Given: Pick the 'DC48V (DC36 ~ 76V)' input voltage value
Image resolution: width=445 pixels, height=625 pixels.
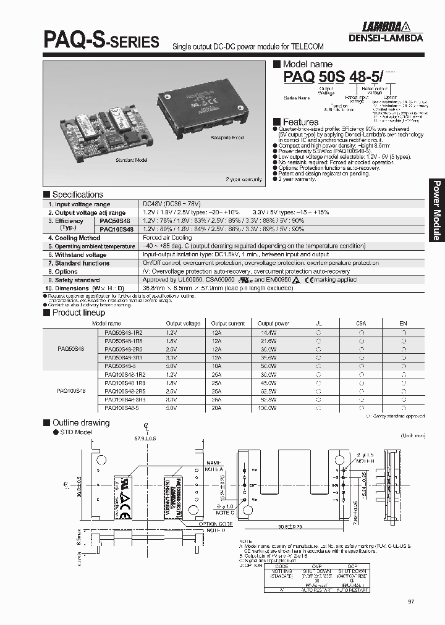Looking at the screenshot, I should (x=171, y=204).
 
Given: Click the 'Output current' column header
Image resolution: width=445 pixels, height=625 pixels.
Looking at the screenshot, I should (x=228, y=323).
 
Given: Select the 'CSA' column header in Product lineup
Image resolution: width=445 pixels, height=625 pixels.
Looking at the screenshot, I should (x=360, y=323).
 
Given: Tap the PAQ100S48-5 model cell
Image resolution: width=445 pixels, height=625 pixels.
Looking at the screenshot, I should (x=122, y=408).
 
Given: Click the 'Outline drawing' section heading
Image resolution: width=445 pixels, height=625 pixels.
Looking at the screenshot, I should (x=80, y=423).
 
